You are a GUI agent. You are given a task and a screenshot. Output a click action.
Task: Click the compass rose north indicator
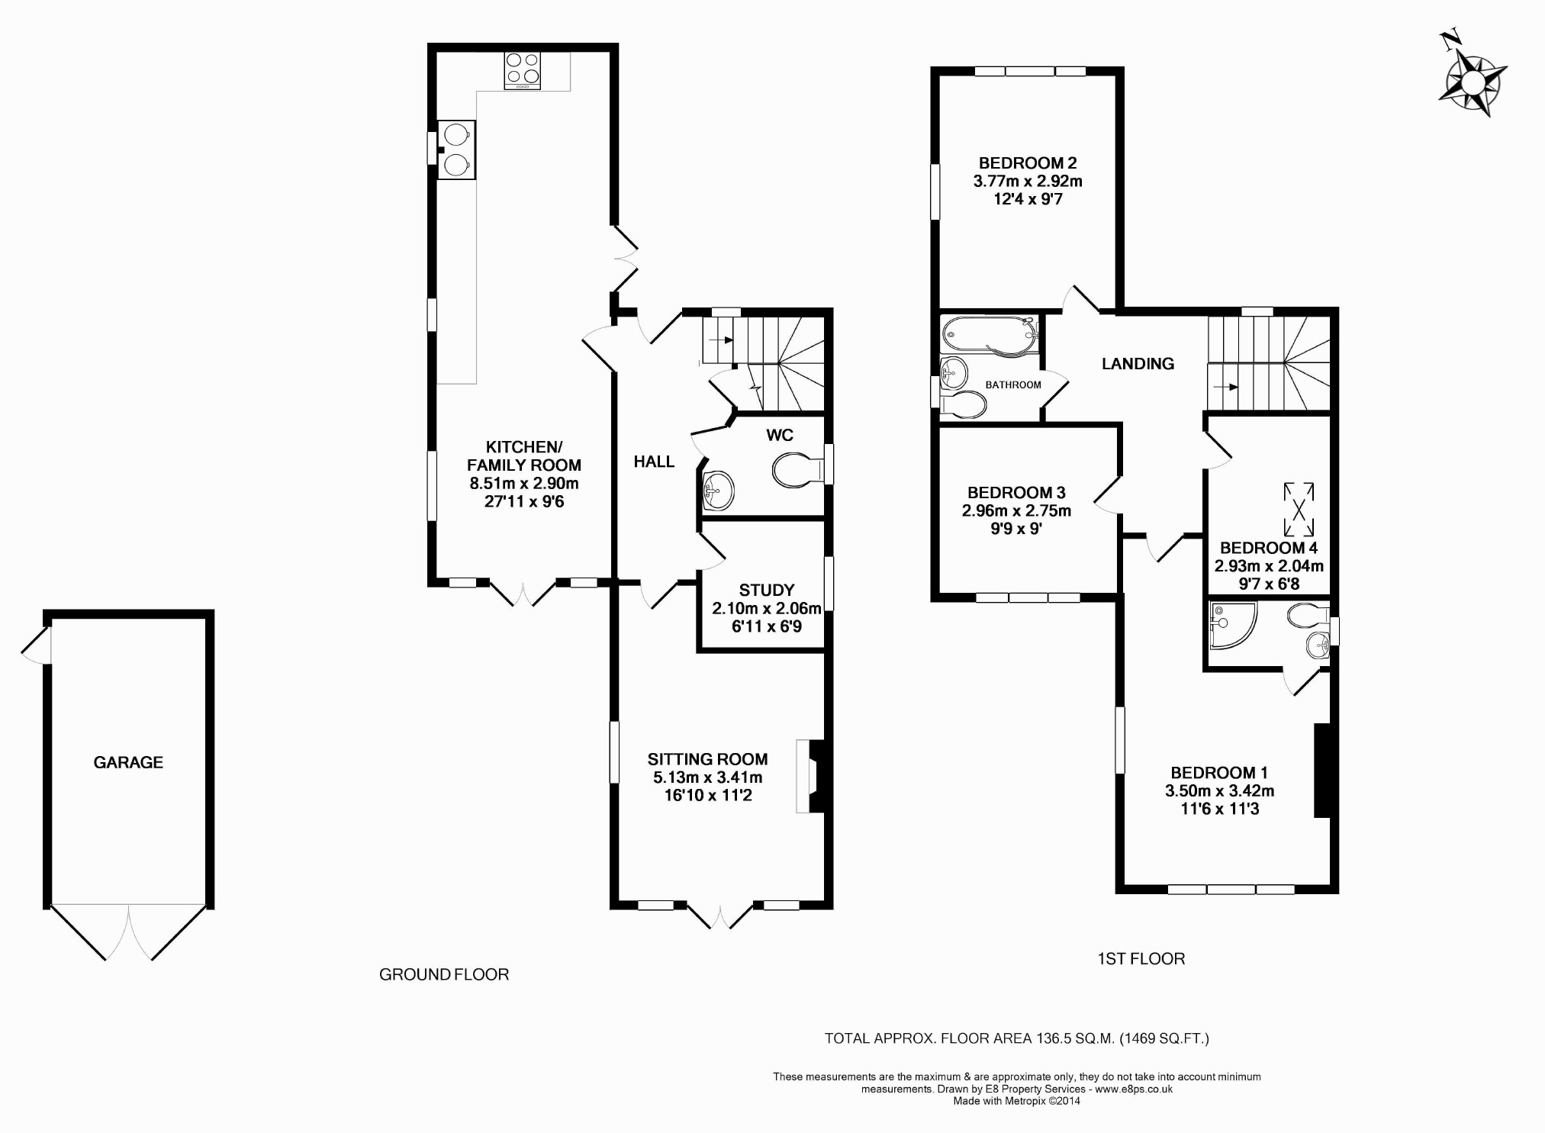click(1473, 83)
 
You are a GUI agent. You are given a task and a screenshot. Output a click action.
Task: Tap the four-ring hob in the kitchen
click(523, 70)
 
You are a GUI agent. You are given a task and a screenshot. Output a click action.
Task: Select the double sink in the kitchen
click(456, 150)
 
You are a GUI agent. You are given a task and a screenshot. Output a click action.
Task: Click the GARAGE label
click(128, 762)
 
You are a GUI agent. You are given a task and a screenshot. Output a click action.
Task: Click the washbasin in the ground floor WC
click(717, 489)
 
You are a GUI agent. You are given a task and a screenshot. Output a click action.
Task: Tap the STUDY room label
click(767, 590)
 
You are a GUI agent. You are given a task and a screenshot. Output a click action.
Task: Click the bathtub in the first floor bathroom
click(990, 334)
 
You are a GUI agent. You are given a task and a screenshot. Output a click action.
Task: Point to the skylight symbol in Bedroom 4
click(1299, 509)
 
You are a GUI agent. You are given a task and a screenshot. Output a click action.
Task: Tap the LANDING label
click(1138, 364)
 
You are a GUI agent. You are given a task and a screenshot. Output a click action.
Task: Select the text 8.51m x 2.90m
click(524, 483)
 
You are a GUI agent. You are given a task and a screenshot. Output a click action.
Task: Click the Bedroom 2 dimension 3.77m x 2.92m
click(1028, 181)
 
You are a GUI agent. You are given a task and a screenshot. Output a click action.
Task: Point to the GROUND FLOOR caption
click(444, 974)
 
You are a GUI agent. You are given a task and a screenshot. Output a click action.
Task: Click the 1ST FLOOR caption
click(1141, 959)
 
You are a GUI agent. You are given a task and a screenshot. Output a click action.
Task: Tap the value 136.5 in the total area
click(1056, 1038)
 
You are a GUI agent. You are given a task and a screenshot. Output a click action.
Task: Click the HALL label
click(654, 462)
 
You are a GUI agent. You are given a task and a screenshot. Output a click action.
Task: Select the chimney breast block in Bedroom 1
click(1322, 771)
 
